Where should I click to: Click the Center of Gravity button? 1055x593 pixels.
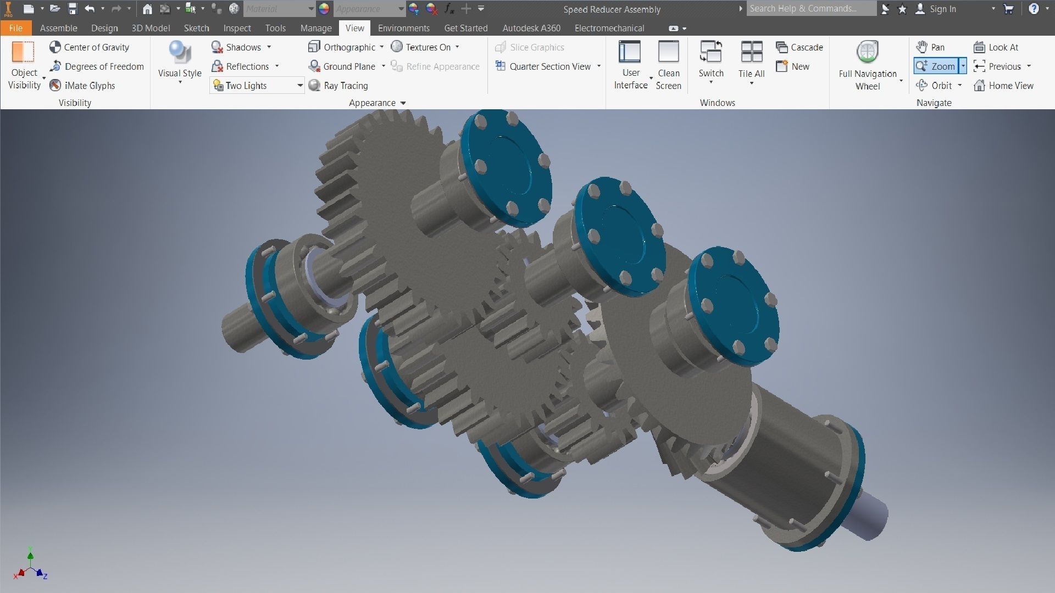tap(90, 47)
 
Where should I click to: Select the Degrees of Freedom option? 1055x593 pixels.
tap(97, 66)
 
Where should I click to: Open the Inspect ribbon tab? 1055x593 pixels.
tap(237, 28)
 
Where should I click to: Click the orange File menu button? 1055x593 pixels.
tap(15, 28)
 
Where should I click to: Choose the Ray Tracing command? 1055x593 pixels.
tap(338, 86)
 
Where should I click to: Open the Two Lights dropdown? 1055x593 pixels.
tap(300, 86)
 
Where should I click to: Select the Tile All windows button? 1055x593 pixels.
tap(751, 60)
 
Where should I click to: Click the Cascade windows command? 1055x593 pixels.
tap(799, 47)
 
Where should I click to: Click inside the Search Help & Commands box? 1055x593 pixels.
tap(810, 9)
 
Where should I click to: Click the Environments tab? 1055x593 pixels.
tap(403, 28)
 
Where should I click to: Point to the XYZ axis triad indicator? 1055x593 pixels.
tap(31, 566)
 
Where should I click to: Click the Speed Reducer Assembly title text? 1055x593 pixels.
tap(612, 9)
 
